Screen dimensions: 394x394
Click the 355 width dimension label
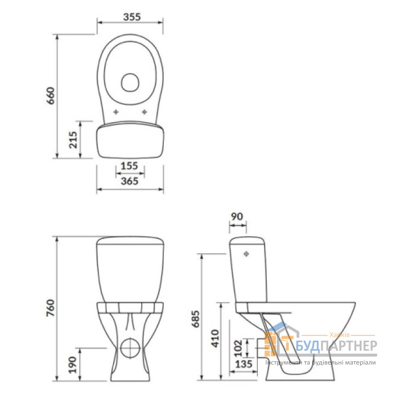(132, 17)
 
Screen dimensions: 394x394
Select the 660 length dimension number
(51, 96)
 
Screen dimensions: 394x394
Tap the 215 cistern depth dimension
(73, 140)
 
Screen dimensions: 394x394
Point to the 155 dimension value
(129, 166)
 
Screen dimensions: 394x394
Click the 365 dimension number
(129, 181)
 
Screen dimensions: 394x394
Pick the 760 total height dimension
(51, 308)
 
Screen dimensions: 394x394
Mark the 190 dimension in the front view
(73, 365)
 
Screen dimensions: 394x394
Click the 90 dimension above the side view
(237, 216)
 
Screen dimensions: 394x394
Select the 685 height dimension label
(196, 319)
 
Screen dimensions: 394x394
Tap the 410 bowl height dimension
(215, 338)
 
